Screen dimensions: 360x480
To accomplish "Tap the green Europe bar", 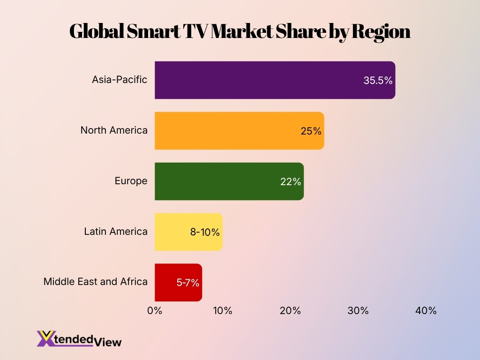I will [220, 181].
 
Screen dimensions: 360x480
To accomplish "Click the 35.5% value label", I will [378, 81].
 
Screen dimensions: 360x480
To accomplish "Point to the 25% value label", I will [311, 131].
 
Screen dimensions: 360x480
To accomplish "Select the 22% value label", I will [291, 182].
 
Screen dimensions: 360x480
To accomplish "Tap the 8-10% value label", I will [205, 232].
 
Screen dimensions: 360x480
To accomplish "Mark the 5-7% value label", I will [188, 283].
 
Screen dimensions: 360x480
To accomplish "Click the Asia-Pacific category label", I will [120, 80].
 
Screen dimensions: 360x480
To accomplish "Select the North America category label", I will [114, 130].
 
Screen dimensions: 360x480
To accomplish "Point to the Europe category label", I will [131, 181].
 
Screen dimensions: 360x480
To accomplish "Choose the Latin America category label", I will [116, 232].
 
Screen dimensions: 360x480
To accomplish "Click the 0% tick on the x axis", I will [155, 311].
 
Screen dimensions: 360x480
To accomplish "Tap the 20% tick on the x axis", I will [290, 311].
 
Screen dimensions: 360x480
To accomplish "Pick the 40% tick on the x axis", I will [426, 311].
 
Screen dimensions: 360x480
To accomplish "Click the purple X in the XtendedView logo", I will [45, 338].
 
